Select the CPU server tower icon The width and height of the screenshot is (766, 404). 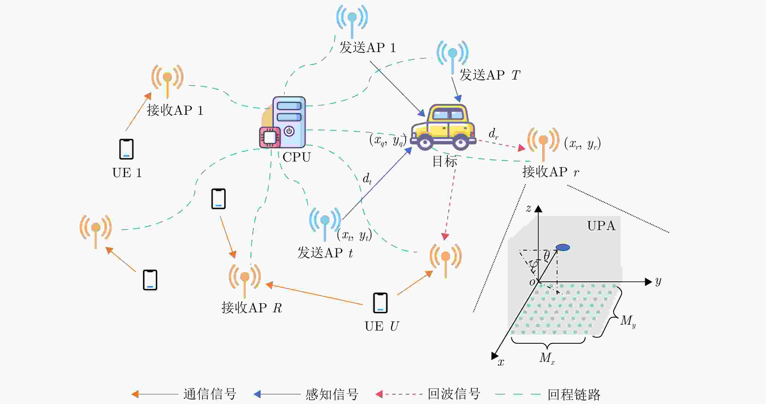click(x=289, y=122)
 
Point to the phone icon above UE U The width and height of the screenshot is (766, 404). click(x=380, y=303)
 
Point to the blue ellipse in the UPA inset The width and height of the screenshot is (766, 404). click(x=563, y=247)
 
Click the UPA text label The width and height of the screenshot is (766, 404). click(x=601, y=226)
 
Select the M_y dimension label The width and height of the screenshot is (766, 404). click(x=628, y=321)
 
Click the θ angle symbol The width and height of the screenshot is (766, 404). click(x=547, y=256)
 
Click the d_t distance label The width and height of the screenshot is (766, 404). click(x=367, y=179)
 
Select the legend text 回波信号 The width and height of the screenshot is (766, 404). click(x=454, y=394)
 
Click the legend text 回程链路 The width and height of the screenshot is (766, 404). click(x=574, y=395)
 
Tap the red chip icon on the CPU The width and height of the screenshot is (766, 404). click(x=270, y=137)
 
